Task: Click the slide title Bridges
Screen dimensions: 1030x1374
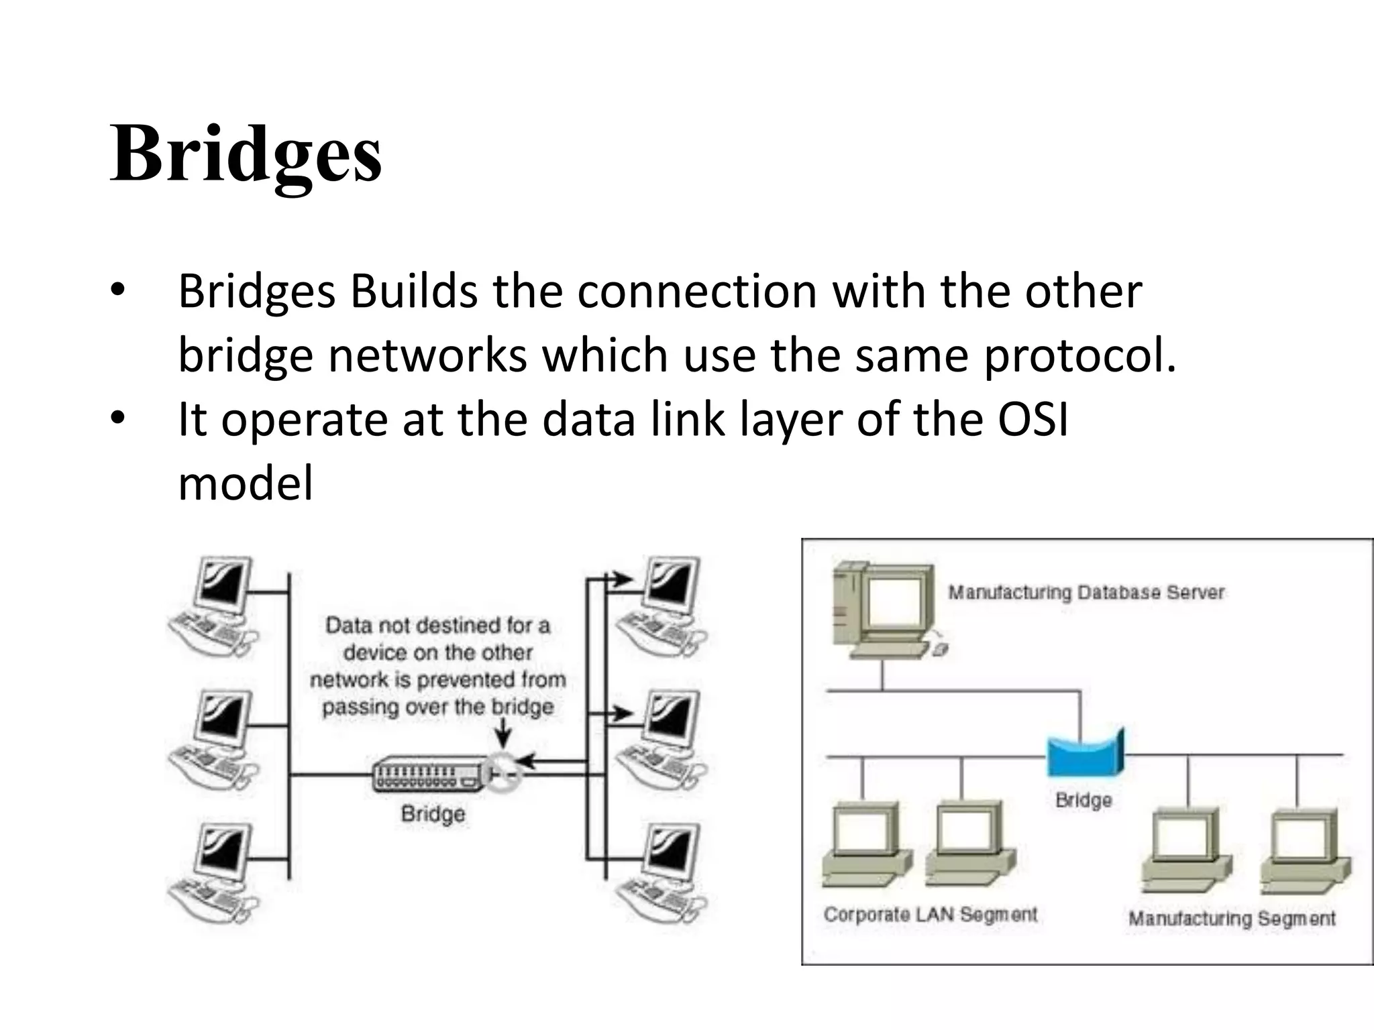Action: point(246,155)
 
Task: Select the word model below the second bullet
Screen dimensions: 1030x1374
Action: point(246,483)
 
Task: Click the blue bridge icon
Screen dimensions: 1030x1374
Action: point(1084,752)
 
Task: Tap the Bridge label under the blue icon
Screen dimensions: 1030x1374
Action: point(1083,800)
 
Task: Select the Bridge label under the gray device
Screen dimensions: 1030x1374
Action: point(433,813)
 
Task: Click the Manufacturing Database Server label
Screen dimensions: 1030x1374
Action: point(1086,593)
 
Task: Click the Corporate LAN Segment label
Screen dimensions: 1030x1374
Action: point(930,915)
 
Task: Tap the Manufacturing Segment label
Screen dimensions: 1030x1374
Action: point(1231,918)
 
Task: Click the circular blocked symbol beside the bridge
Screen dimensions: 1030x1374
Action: point(504,773)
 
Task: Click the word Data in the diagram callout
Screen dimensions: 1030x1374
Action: point(348,626)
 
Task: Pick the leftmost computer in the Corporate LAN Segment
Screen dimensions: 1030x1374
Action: point(865,845)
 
